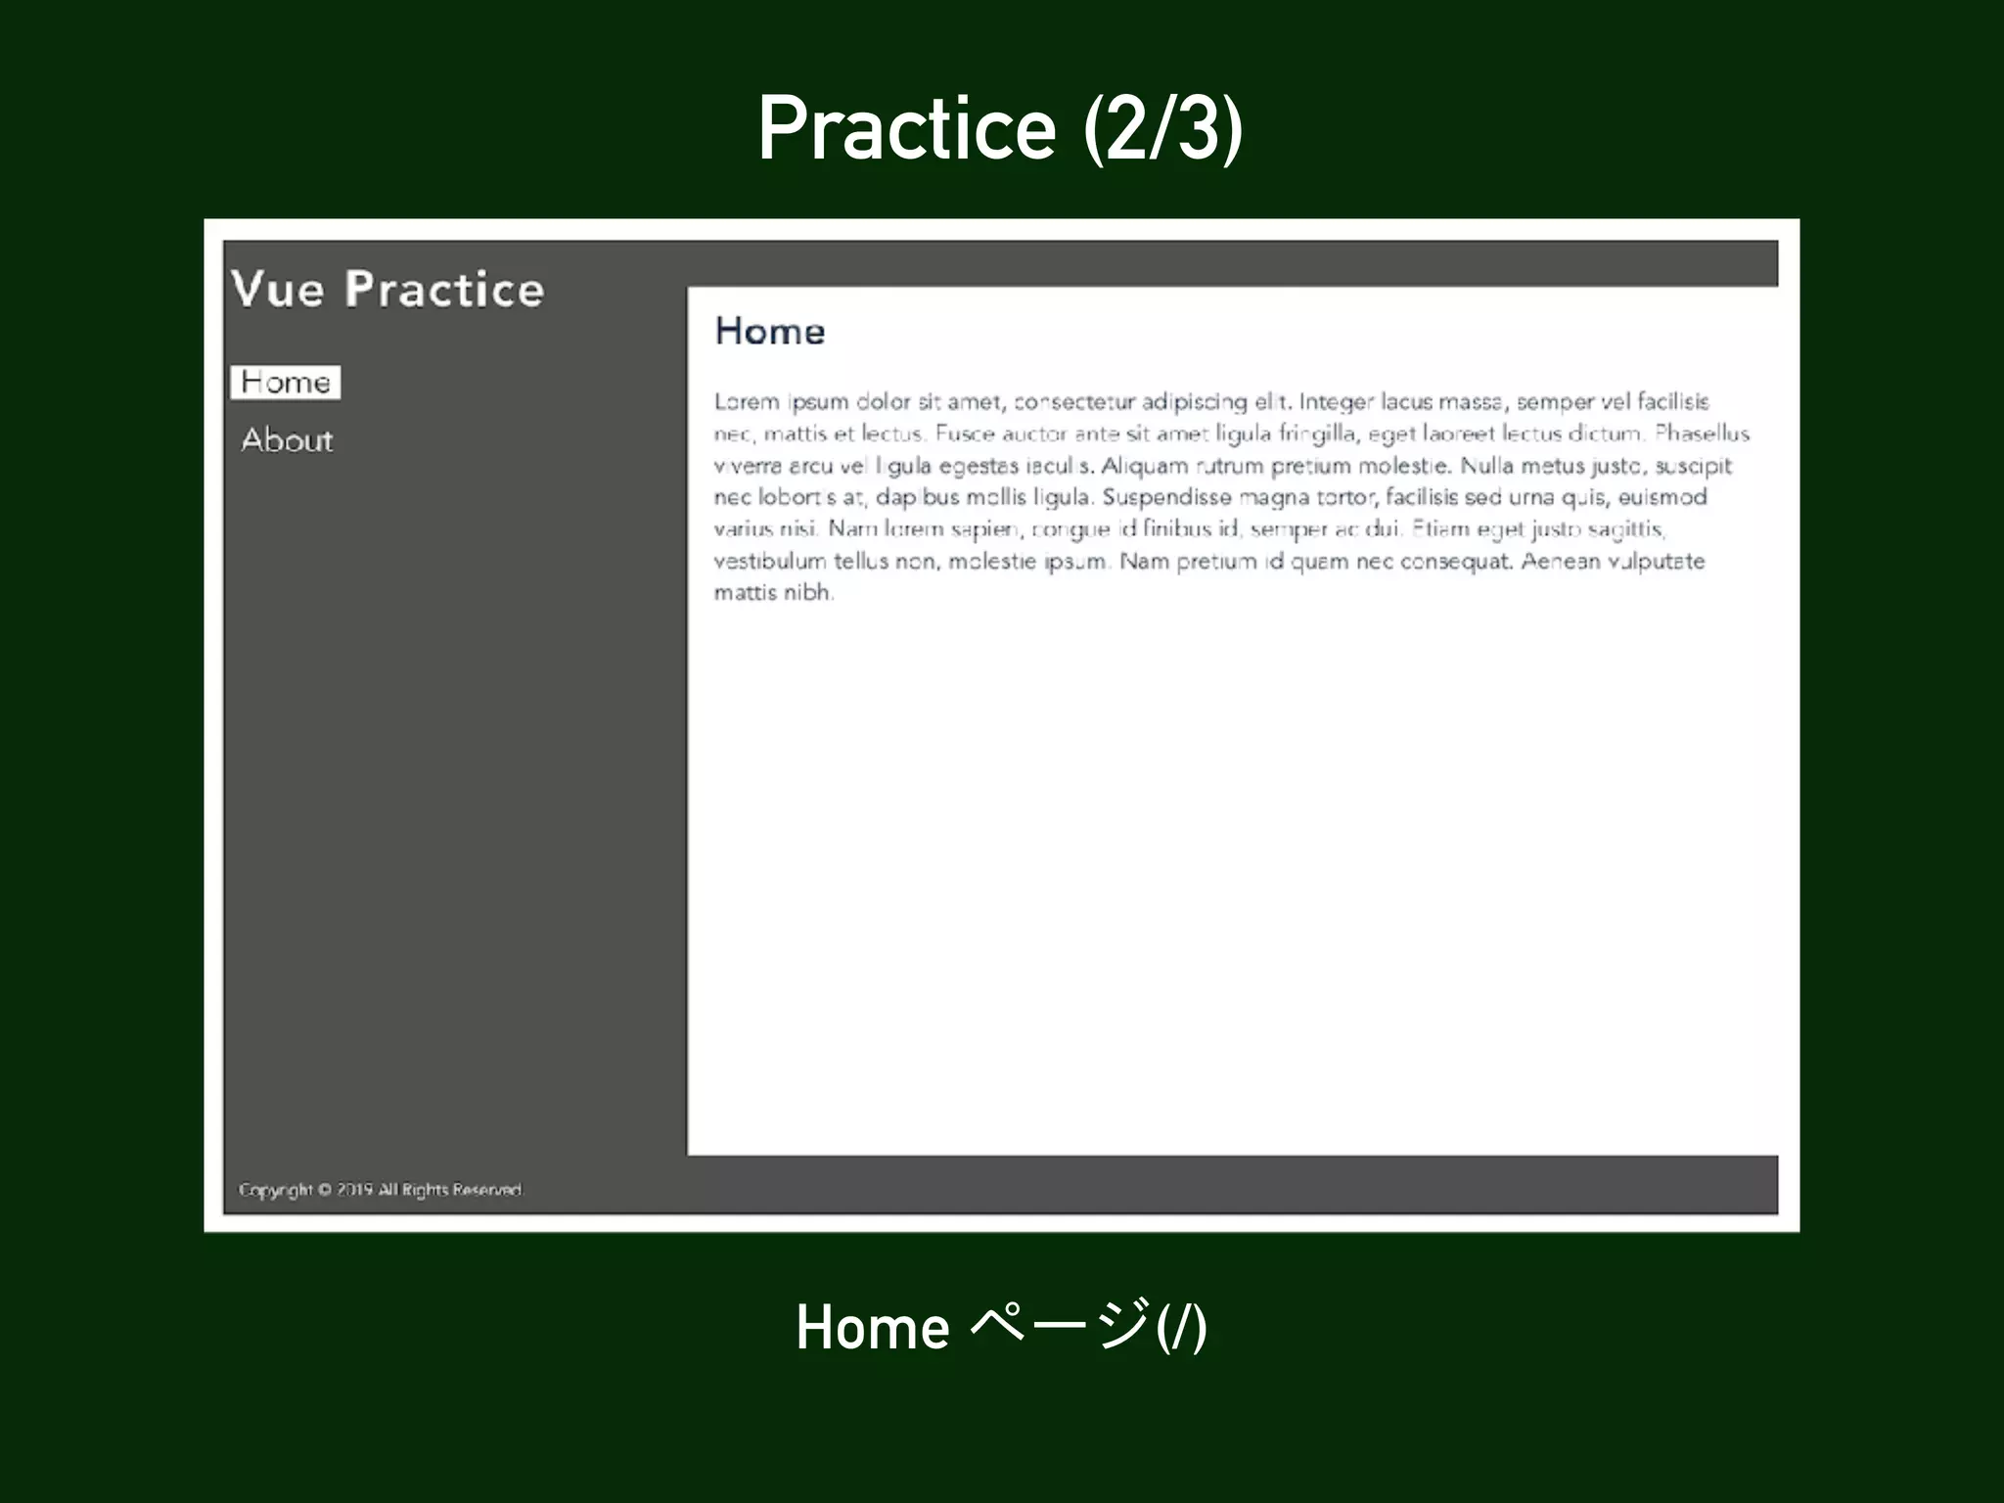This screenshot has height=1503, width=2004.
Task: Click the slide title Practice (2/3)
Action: pos(1000,129)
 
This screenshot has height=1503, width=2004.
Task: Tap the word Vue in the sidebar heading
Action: pos(277,290)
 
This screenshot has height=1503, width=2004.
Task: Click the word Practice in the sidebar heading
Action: pos(444,290)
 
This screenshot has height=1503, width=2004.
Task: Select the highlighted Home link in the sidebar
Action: pos(285,383)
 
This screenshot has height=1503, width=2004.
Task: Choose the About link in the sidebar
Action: pos(287,440)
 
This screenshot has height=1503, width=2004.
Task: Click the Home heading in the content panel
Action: pos(770,332)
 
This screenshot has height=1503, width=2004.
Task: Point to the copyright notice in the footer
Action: pos(380,1190)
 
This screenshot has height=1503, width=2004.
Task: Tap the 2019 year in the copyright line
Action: pos(354,1190)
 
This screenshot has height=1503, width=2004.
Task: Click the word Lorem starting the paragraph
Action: pos(747,402)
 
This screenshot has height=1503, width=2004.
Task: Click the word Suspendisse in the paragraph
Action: pos(1166,497)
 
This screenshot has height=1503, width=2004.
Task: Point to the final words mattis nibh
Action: pos(773,592)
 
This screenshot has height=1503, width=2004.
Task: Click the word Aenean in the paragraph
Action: pos(1560,562)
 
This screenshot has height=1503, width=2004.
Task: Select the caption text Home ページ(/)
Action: pos(1001,1328)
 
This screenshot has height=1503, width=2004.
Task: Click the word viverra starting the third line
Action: pos(748,466)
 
